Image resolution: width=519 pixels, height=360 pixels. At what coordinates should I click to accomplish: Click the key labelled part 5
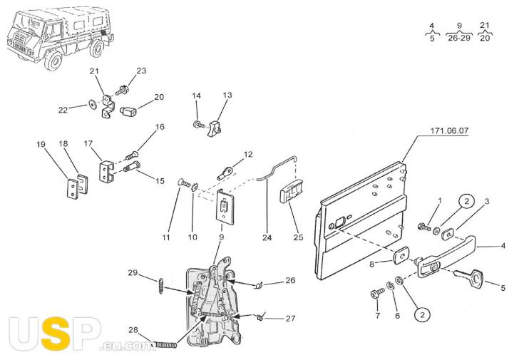470,277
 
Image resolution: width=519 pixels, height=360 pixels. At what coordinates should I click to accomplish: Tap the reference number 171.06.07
449,130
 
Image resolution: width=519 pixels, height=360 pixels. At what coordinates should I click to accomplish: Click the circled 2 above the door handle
466,202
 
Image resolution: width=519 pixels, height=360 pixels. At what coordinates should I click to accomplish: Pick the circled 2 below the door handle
422,314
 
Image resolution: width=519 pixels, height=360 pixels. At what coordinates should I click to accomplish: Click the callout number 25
298,237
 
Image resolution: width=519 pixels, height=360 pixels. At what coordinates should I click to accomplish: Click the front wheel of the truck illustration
53,61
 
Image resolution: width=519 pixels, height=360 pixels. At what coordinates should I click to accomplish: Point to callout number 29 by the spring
133,272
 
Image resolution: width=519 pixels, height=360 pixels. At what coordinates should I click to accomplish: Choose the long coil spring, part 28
165,345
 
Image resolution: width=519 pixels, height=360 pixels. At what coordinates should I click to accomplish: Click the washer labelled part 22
92,105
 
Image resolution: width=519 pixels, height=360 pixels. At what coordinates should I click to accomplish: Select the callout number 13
227,95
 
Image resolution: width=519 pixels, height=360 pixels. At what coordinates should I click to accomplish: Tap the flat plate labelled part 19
73,189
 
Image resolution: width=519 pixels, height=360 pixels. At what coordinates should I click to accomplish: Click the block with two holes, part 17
107,171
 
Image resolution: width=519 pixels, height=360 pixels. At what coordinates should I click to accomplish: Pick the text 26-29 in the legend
459,38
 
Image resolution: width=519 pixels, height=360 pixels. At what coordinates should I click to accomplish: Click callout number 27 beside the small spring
290,319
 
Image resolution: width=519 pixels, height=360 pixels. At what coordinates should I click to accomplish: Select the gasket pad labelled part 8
401,255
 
